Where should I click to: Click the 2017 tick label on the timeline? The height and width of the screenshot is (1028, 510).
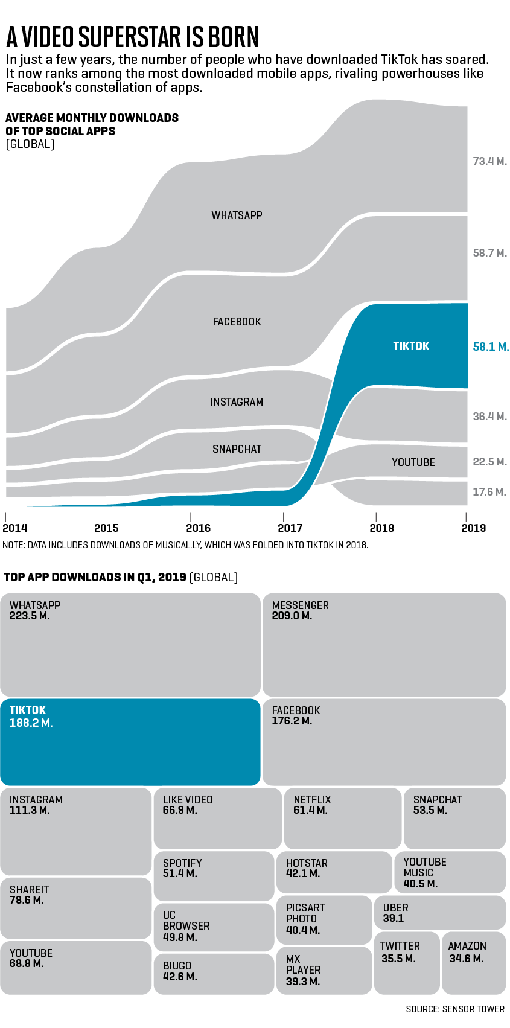tap(290, 528)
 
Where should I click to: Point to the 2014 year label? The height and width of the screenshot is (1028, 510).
tap(14, 528)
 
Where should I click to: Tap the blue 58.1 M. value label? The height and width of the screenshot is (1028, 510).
tap(491, 347)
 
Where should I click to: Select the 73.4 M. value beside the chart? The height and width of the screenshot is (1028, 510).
tap(489, 161)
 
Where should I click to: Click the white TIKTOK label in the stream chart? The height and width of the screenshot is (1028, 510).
tap(411, 346)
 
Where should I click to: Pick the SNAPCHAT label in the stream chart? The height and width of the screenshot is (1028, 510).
tap(237, 449)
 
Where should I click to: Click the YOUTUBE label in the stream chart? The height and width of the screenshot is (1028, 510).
tap(413, 462)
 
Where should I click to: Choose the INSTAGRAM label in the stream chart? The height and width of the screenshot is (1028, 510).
tap(237, 402)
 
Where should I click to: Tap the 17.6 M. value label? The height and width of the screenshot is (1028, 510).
tap(489, 492)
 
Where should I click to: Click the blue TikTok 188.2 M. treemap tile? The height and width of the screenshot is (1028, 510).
tap(130, 742)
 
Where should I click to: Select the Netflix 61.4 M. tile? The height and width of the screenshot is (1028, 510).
tap(342, 818)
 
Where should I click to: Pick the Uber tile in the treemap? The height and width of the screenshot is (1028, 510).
tap(440, 913)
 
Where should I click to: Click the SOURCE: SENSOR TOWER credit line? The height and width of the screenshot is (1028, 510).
tap(455, 1009)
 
